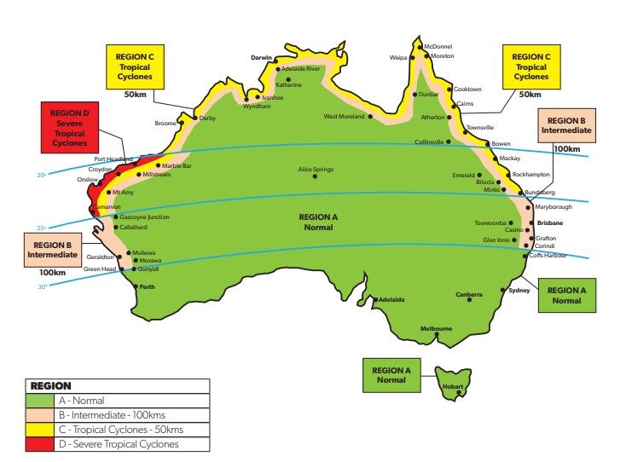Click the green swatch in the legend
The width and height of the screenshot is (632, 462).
39,401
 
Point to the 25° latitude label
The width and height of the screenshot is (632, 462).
39,228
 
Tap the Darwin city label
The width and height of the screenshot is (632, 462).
260,57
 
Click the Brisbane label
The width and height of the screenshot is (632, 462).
551,222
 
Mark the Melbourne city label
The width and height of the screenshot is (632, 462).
435,328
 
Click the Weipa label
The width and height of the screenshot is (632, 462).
398,59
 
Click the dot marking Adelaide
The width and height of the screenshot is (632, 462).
375,299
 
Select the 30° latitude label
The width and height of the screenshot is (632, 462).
40,286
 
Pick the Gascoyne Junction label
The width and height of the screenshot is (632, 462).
145,217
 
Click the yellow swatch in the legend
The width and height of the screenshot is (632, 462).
39,430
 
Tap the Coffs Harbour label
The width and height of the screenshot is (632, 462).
548,255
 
